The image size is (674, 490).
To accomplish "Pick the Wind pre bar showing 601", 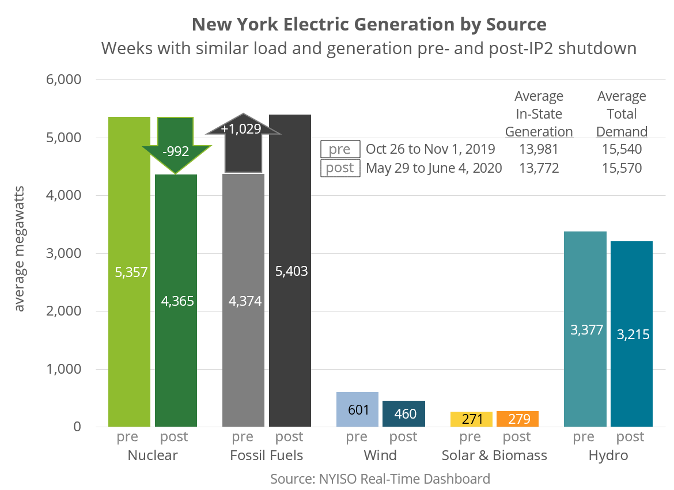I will (x=357, y=409).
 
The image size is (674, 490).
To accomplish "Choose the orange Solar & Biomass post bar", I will (x=517, y=419).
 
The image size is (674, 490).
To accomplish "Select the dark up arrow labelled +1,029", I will (x=244, y=138).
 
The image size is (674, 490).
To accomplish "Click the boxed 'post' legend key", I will (x=340, y=168).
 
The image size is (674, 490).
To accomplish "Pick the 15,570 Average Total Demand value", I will (x=622, y=168).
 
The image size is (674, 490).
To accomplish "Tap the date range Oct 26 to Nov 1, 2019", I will (x=430, y=149).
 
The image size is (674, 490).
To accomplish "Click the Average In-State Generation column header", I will (x=539, y=114).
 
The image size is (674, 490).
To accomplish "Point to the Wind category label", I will (x=380, y=455).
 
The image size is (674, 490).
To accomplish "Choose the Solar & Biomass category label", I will (x=494, y=455).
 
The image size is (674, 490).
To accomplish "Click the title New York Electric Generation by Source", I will (x=369, y=25).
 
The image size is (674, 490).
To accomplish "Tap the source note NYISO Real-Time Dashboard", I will (x=380, y=478).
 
